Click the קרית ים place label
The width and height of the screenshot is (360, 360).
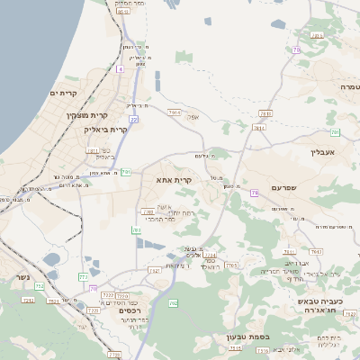(x=63, y=93)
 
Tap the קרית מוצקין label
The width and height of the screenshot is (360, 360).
(x=87, y=115)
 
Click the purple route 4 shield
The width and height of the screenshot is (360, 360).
(x=120, y=68)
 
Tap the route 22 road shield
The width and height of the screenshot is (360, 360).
(x=132, y=118)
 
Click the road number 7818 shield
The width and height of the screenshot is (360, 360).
(x=265, y=114)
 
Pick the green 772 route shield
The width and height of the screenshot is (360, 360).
(x=84, y=277)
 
